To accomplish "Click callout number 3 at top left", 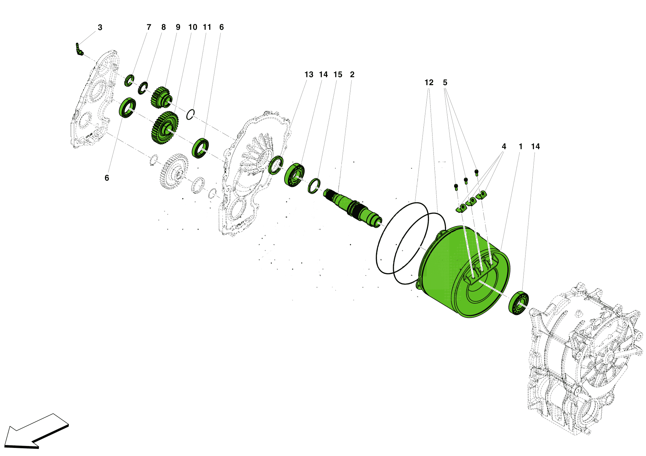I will pos(100,28).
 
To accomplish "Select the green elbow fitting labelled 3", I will pos(79,49).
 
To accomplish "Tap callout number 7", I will pos(149,27).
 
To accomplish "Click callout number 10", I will pos(193,27).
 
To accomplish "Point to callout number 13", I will pos(309,75).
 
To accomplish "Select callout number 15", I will pos(338,75).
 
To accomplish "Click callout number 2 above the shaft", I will pos(352,75).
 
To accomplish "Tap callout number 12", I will pos(429,83).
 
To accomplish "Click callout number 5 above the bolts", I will pos(445,83).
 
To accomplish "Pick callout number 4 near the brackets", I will pos(504,147).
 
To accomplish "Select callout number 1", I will pos(521,147).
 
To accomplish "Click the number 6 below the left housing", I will pos(107,178).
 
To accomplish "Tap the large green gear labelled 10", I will pos(165,128).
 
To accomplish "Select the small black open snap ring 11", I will pos(191,114).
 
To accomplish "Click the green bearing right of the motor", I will pos(518,303).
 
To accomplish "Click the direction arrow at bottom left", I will pos(36,432).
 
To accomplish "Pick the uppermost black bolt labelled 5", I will pos(476,172).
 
